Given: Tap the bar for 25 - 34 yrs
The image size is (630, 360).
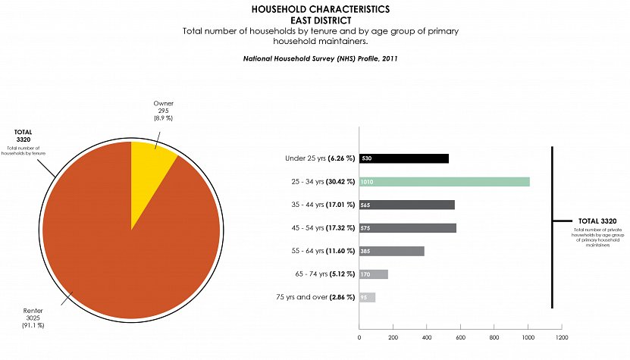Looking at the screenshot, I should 444,182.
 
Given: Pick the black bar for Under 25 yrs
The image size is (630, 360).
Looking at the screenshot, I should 404,158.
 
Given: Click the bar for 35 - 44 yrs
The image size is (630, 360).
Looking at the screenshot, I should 407,205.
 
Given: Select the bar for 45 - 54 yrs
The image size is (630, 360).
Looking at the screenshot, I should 408,228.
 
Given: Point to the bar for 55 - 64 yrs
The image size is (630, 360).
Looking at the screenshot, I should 392,251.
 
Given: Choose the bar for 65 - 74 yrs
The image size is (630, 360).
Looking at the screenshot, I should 374,274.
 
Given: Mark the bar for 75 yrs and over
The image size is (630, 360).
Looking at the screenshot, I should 368,297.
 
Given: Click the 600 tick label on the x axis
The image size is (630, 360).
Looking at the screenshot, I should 460,337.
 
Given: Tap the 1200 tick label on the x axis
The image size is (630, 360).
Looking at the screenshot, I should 561,337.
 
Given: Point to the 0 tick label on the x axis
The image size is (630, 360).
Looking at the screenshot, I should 359,337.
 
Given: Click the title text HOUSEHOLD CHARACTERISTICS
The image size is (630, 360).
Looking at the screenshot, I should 321,9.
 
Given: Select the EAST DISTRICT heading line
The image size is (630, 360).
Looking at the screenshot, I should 321,20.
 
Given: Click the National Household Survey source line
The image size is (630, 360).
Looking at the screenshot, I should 321,58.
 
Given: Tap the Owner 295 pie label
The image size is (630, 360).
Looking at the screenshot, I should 163,111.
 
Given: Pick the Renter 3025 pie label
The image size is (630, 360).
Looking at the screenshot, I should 33,317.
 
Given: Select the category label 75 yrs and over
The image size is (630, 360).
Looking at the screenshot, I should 312,297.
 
